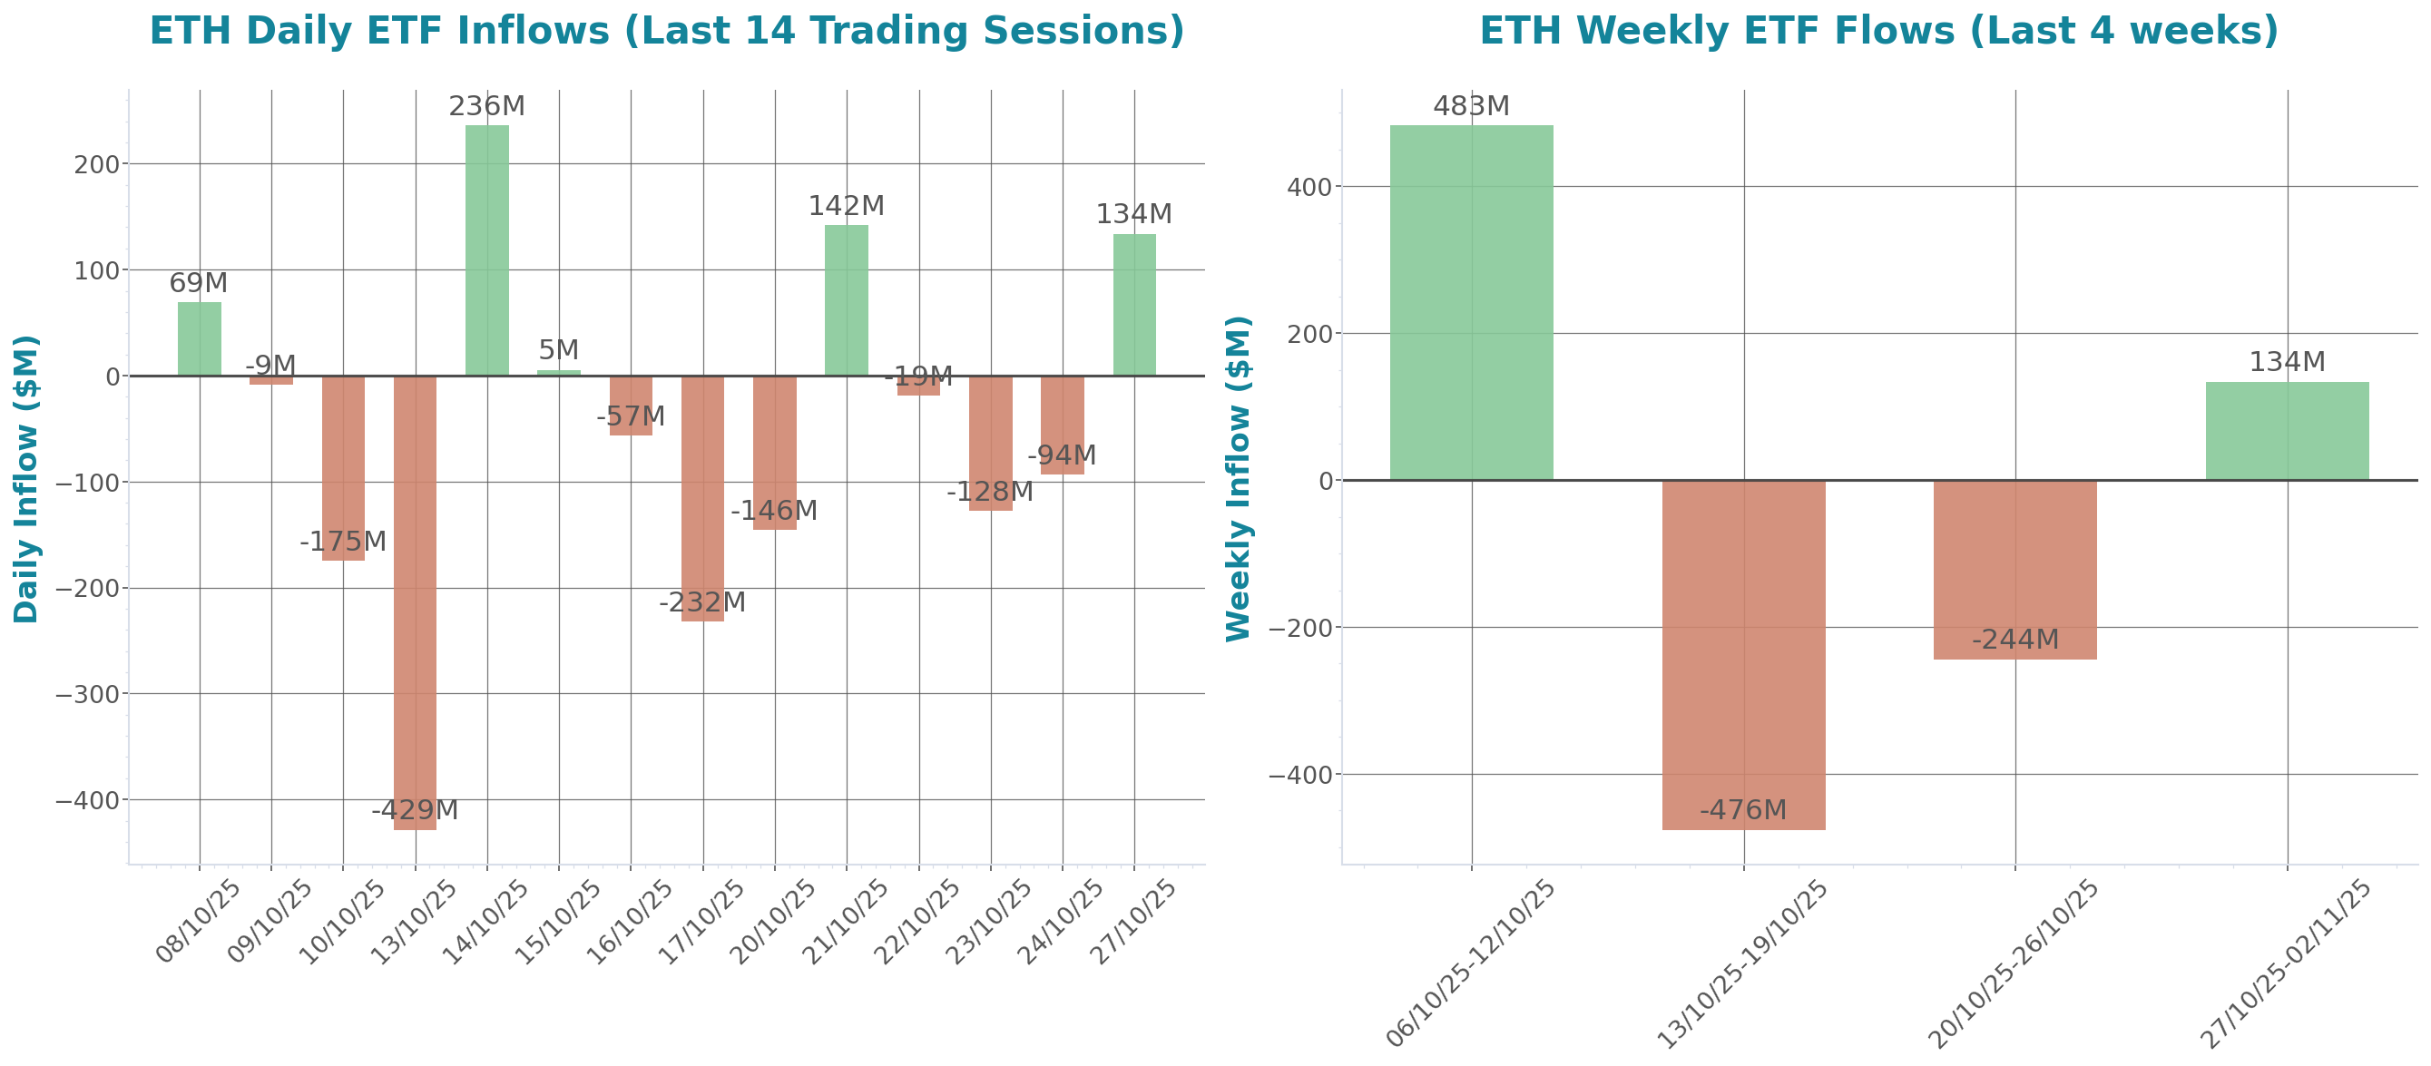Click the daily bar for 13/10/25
coord(416,603)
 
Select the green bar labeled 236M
coord(487,250)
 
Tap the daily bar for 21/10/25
coord(847,300)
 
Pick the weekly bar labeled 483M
coord(1471,302)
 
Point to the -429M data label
coord(416,810)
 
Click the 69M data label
coord(198,283)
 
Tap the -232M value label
coord(702,601)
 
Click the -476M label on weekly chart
coord(1743,810)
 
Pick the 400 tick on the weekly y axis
coord(1309,187)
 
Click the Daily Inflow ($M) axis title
coord(26,478)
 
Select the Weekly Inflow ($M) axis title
coord(1237,478)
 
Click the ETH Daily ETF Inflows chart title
coord(666,30)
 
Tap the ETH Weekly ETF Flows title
coord(1878,30)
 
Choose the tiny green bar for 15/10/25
coord(559,373)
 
